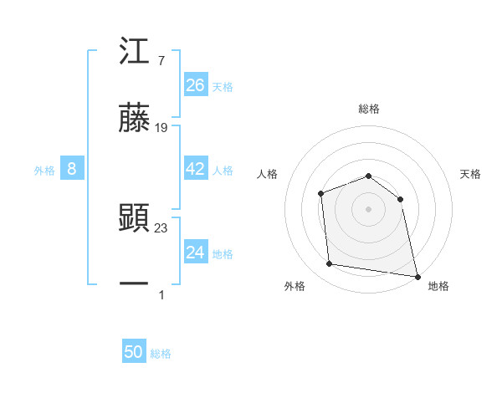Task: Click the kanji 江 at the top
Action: pos(135,53)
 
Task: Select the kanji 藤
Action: pos(135,120)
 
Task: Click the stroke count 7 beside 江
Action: pos(161,61)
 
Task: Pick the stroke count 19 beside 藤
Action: pos(161,128)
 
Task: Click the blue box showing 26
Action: pos(196,85)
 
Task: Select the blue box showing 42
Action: pos(196,169)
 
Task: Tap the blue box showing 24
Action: pos(196,253)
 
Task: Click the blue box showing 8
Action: pos(72,169)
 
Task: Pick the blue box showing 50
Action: pos(134,352)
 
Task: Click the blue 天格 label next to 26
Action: pos(223,86)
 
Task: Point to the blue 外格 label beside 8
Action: pos(44,170)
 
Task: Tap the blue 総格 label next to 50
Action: pos(161,354)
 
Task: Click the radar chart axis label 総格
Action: pos(369,109)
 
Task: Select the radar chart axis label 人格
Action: pos(267,174)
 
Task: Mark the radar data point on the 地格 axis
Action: pos(417,275)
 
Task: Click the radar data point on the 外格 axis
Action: pos(330,264)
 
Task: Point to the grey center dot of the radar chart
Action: pos(368,208)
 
